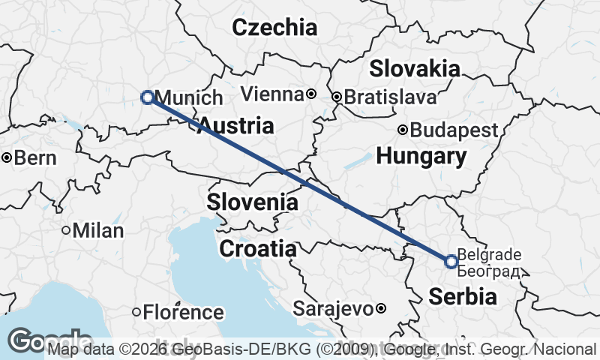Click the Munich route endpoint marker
[x=147, y=97]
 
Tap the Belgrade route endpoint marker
[x=451, y=262]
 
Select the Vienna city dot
[x=310, y=94]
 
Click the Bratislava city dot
[x=337, y=97]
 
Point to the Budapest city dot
[x=403, y=130]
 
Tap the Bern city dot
[x=7, y=157]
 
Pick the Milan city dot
[x=66, y=230]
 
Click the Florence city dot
[x=136, y=311]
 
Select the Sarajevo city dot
[x=381, y=308]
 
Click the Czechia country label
[x=274, y=28]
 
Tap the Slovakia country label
[x=414, y=69]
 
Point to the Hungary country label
[x=421, y=157]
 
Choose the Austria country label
[x=236, y=125]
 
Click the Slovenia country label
[x=253, y=202]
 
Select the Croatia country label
[x=257, y=248]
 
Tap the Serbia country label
[x=463, y=296]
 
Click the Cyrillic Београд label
[x=488, y=269]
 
